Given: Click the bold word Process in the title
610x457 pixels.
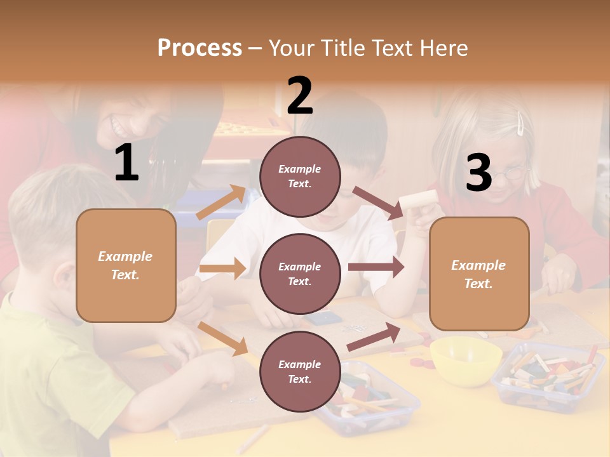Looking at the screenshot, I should point(200,48).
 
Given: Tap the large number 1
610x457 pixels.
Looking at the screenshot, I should point(126,163).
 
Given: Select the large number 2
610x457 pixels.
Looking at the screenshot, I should point(300,95).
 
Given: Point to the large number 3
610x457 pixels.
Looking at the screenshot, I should point(478,173).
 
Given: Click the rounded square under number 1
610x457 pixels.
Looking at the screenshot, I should point(126,265).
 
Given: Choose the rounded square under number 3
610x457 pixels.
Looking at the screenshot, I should point(479,274).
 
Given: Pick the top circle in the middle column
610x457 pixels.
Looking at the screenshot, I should point(300,176).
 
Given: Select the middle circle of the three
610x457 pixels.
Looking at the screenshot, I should point(300,274).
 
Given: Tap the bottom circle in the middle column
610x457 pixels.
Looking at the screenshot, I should point(300,371).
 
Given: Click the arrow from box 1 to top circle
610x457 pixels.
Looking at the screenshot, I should point(221,202).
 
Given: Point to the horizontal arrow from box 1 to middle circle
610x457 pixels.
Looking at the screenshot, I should point(222,268).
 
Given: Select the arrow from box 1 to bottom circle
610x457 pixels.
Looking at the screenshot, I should point(223,338).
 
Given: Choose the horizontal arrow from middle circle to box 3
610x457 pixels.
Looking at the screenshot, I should point(376,267).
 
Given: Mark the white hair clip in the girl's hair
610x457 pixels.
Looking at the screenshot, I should point(520,124).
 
